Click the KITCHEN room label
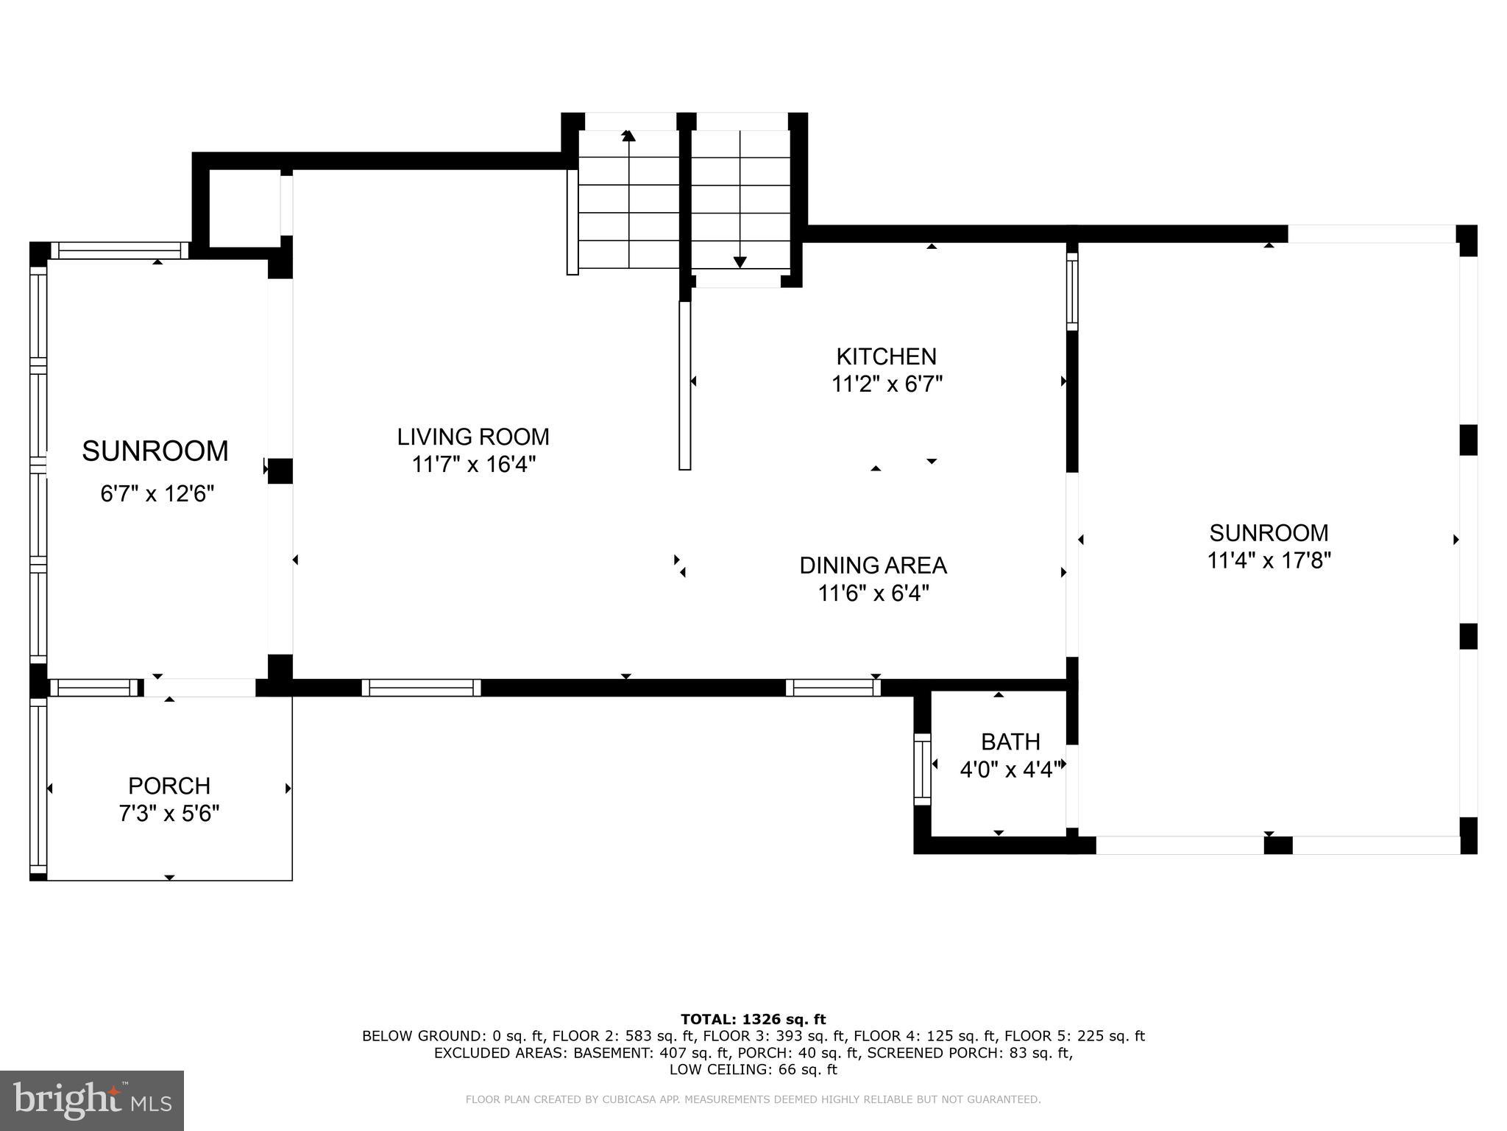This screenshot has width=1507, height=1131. [886, 357]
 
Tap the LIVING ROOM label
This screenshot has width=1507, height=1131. [473, 437]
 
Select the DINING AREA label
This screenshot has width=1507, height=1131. [873, 565]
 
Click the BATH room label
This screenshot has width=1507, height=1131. [1010, 741]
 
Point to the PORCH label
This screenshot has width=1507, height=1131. [169, 786]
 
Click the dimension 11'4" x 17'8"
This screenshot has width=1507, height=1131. [1269, 561]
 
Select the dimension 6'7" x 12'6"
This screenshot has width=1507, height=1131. [157, 493]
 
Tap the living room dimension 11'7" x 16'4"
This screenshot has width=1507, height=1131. [473, 465]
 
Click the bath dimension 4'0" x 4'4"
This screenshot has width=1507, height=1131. [1011, 769]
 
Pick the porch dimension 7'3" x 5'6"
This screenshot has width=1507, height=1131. [169, 814]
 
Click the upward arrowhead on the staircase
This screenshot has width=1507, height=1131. [628, 135]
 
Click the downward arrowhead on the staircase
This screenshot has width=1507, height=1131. [740, 261]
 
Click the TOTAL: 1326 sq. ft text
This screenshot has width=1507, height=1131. [753, 1019]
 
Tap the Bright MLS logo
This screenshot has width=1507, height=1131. [92, 1100]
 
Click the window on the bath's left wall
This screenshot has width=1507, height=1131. [922, 769]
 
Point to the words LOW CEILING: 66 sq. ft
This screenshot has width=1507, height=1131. [753, 1070]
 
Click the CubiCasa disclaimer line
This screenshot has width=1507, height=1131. [753, 1099]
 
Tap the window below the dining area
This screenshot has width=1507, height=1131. [833, 688]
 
